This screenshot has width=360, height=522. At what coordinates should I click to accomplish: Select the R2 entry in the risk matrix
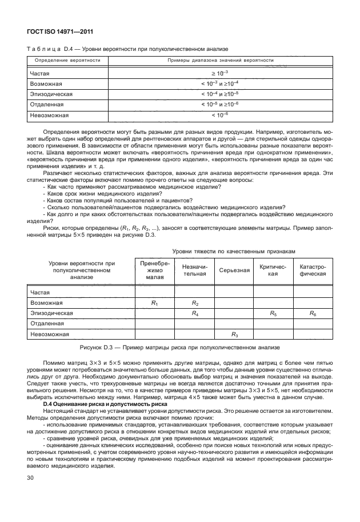click(x=194, y=302)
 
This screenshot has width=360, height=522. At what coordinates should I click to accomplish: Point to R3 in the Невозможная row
click(x=234, y=334)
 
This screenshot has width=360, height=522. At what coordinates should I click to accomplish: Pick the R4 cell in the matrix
click(x=194, y=313)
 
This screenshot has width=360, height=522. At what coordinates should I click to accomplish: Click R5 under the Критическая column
click(x=273, y=313)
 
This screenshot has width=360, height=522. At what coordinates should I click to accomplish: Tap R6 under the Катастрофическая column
click(x=313, y=313)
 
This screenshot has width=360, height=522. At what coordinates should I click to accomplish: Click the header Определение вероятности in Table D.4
click(x=68, y=59)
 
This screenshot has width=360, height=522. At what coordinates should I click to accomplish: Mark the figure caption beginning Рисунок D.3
click(x=180, y=347)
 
